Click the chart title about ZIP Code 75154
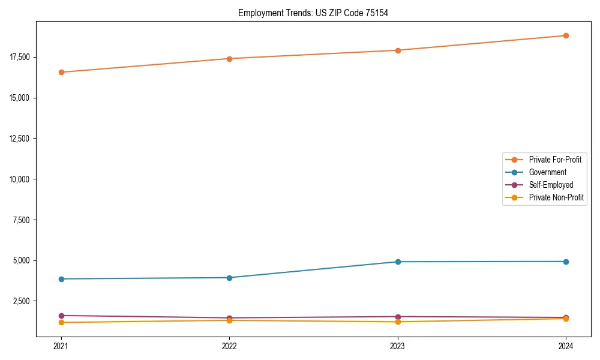[313, 13]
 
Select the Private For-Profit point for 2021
[61, 72]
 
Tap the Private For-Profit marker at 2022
[229, 59]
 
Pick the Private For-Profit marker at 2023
[398, 50]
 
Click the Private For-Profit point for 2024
[566, 35]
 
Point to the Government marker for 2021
[61, 279]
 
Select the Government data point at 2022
[229, 278]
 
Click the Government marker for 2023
[398, 262]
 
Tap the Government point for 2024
[566, 262]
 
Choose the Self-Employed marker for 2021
[61, 316]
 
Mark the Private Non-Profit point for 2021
[61, 323]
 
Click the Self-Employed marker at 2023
[398, 317]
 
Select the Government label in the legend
[547, 172]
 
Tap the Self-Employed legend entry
[551, 185]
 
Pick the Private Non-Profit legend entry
[556, 197]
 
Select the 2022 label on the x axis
[229, 346]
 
